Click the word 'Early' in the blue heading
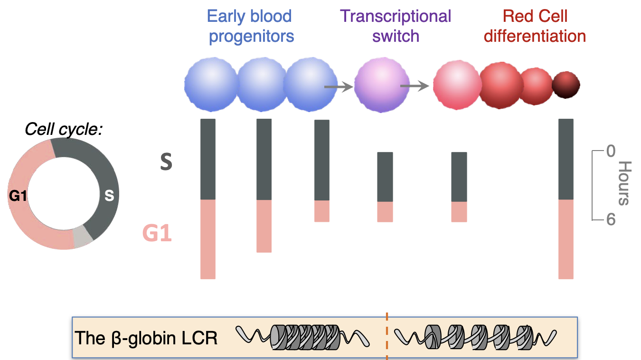226,17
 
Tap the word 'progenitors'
252,36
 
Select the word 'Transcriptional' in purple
396,17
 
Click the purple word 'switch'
396,36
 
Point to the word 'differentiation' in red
535,36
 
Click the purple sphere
382,85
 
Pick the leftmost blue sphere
211,85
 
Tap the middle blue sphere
262,85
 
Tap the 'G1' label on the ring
18,195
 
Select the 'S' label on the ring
109,195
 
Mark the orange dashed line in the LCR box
387,336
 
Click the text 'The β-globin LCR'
146,338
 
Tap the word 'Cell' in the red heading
552,17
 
